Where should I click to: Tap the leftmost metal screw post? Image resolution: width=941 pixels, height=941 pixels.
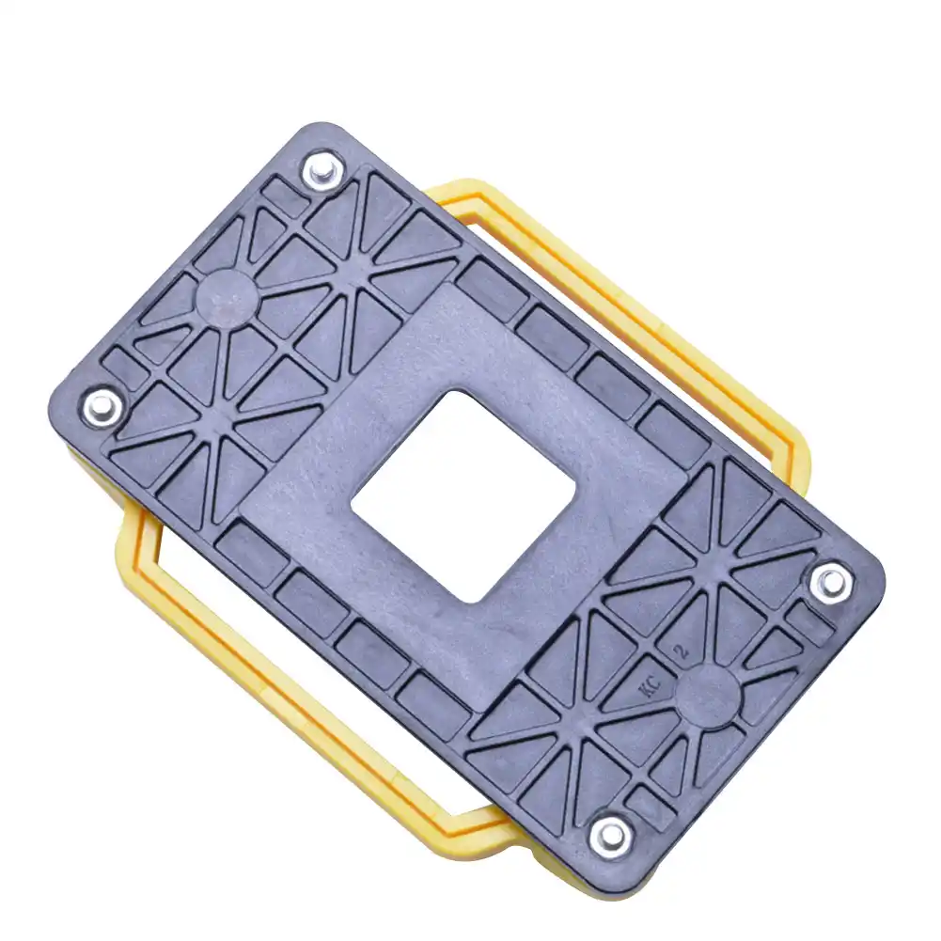point(102,407)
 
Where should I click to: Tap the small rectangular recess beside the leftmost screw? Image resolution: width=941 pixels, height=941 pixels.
point(122,367)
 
